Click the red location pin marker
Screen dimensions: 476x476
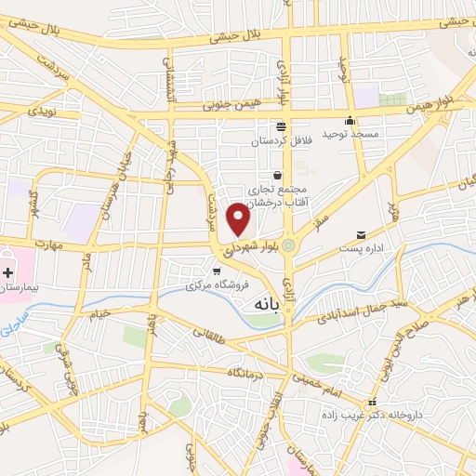[x=240, y=218]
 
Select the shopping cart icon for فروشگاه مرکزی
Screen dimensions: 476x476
[x=217, y=271]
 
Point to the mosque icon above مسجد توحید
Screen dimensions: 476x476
[x=350, y=120]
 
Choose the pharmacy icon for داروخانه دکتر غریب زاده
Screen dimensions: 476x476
[x=372, y=404]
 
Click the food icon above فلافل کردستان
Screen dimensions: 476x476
[x=280, y=126]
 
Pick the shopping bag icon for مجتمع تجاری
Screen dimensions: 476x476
[x=277, y=174]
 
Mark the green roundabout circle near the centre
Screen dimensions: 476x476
[x=288, y=245]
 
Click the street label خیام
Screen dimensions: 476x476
[x=99, y=313]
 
